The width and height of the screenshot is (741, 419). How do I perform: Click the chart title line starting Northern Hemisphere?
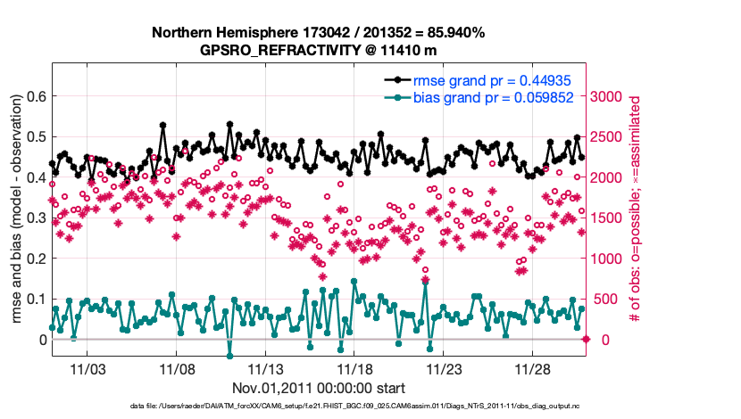click(x=318, y=33)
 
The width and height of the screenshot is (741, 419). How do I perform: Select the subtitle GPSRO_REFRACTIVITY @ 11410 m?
click(x=318, y=51)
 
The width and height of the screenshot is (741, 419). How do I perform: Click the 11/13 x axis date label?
click(x=265, y=369)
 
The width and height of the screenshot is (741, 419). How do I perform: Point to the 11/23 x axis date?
click(x=444, y=369)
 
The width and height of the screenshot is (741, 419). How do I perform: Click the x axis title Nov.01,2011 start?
click(x=319, y=388)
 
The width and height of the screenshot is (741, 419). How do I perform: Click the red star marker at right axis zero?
click(x=586, y=340)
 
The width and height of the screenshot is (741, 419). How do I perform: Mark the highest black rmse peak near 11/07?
click(x=162, y=126)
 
